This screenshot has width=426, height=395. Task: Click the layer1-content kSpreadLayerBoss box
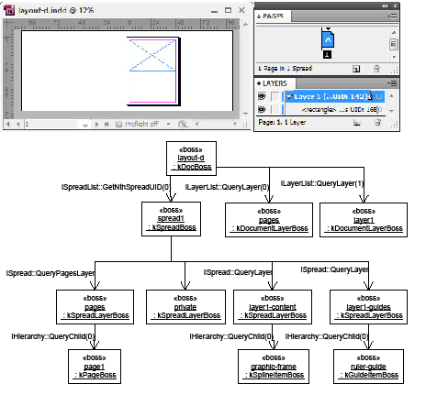pos(273,305)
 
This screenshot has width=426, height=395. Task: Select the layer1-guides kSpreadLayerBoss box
pos(364,305)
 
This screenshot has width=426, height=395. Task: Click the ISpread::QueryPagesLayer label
pos(50,273)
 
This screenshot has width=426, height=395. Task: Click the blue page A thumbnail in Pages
pos(327,39)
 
